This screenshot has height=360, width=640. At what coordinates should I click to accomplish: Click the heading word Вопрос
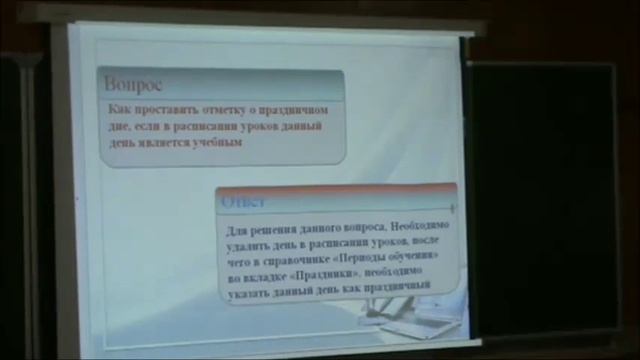coord(134,84)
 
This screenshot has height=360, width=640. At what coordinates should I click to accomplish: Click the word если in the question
coord(145,125)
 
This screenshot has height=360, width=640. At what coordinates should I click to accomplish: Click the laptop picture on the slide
coord(410,320)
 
